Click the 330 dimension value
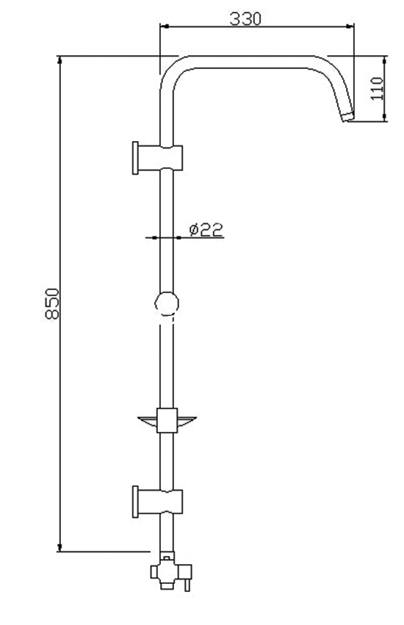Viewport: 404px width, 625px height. [245, 18]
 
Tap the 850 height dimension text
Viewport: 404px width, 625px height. [52, 303]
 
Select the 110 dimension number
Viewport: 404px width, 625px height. [377, 88]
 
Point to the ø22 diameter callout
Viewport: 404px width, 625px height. [206, 230]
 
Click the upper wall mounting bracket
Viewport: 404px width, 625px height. [157, 158]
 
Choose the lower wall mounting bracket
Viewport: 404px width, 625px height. [157, 502]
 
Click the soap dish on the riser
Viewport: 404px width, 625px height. [167, 420]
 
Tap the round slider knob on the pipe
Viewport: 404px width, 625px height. [167, 304]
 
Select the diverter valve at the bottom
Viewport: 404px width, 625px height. [170, 571]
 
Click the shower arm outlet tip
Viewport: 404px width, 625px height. [348, 117]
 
